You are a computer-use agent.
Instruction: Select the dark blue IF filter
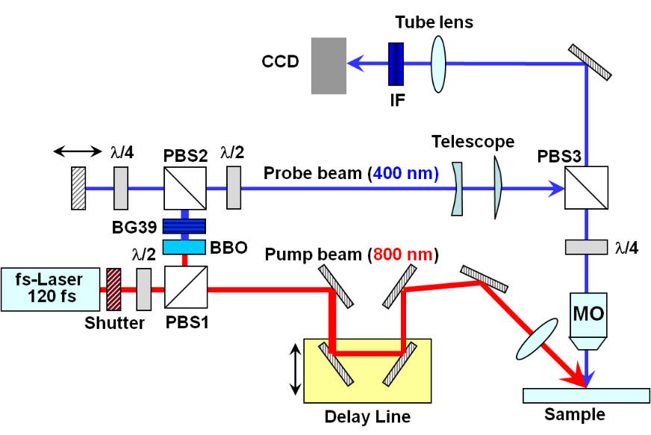point(396,64)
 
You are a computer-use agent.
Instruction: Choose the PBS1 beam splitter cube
point(185,287)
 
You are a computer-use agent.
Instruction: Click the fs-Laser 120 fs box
point(50,288)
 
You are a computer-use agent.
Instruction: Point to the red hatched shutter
point(113,288)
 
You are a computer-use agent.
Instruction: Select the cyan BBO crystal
point(184,247)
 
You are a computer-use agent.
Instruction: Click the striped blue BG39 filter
point(184,225)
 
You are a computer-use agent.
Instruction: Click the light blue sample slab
point(586,396)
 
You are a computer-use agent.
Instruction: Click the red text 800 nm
point(401,254)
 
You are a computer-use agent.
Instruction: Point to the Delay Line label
point(367,416)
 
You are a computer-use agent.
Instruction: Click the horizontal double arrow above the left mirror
point(78,153)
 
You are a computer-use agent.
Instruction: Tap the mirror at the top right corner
point(590,62)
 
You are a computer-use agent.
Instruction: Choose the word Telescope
point(473,142)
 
